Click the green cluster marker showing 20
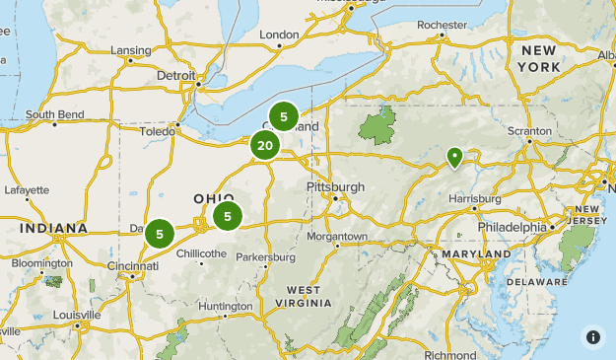264,146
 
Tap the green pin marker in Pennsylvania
454,156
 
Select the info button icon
593,336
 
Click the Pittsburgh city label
336,186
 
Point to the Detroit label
176,74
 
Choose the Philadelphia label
512,227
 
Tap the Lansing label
130,50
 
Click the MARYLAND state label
477,254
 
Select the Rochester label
442,25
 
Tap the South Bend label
54,114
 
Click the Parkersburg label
265,257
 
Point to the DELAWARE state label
537,281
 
